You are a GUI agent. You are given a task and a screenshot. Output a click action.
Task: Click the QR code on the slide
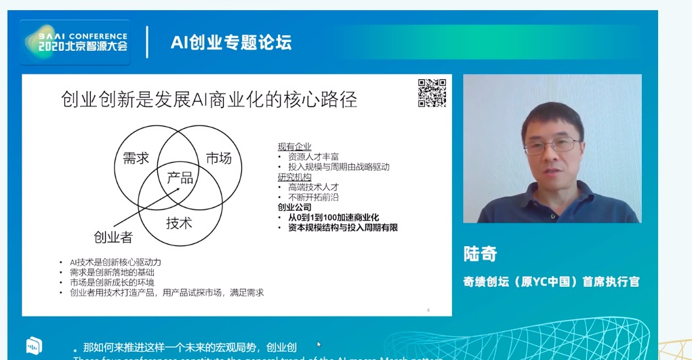[432, 94]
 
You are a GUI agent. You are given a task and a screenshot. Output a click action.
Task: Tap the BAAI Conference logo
[75, 42]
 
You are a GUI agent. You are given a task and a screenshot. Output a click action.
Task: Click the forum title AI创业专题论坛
[231, 43]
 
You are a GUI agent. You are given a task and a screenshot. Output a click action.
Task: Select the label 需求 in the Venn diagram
[136, 158]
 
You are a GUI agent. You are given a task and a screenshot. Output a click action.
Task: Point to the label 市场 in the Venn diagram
[218, 158]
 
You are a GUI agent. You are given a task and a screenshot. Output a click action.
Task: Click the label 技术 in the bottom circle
[180, 222]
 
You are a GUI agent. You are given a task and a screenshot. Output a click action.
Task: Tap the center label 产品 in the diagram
[180, 178]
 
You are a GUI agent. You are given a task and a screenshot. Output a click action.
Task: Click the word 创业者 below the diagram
[113, 237]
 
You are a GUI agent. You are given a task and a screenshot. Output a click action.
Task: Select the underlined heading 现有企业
[294, 146]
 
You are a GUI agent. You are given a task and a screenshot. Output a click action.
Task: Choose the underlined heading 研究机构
[294, 176]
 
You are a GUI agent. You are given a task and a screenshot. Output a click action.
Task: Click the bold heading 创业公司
[294, 207]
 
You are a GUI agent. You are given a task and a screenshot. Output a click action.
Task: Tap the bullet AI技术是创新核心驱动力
[115, 262]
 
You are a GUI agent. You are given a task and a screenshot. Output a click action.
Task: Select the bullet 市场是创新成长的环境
[112, 282]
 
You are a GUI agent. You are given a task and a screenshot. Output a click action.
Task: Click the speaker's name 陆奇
[480, 254]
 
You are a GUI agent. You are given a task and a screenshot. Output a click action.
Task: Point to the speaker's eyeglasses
[554, 144]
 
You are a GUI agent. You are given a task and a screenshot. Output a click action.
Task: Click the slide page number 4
[428, 311]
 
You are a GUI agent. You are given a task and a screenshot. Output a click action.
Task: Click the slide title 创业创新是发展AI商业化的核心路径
[209, 100]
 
